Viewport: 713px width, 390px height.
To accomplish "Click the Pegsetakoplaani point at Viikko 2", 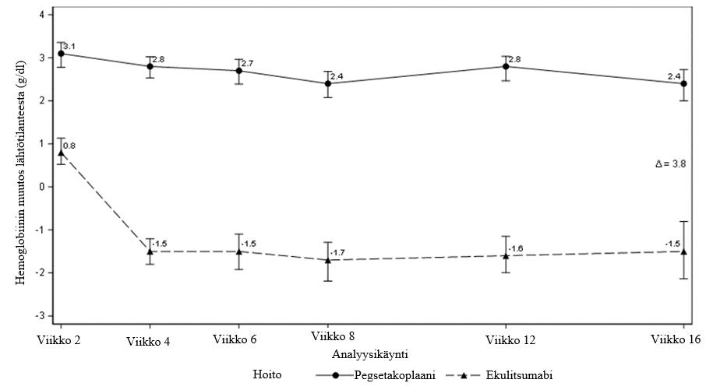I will click(61, 53).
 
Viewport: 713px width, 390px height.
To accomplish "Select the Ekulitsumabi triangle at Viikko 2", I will click(61, 153).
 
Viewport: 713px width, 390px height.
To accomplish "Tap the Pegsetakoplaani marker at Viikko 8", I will click(328, 83).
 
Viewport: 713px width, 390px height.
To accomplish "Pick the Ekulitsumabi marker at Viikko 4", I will click(150, 251).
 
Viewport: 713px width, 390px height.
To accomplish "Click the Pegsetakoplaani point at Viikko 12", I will click(506, 66).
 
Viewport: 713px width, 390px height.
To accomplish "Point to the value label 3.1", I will click(69, 47).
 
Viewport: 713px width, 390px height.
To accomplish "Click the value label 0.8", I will click(69, 146).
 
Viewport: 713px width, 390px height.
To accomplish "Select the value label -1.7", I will click(337, 253).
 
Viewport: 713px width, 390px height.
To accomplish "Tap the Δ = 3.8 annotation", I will click(671, 164).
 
